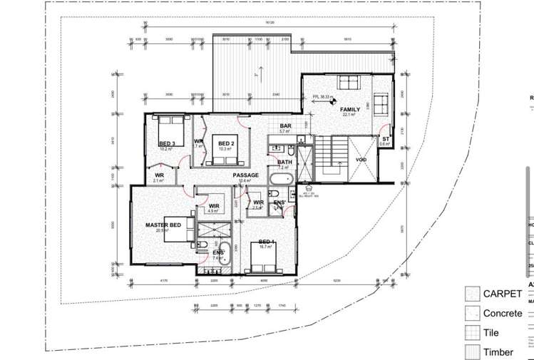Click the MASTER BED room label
[x=163, y=225]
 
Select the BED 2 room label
[x=227, y=140]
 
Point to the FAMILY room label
[x=349, y=108]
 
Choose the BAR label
[x=284, y=126]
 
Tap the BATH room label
[x=284, y=162]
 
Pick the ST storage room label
[x=386, y=139]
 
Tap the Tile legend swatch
[x=471, y=332]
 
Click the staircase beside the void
[x=332, y=152]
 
